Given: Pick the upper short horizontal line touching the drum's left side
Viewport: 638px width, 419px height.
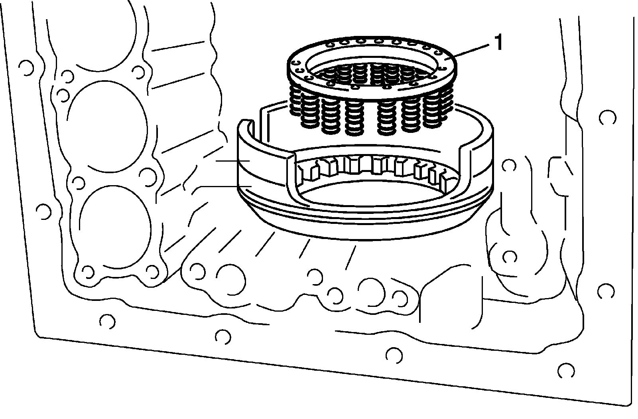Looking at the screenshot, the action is (233, 160).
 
